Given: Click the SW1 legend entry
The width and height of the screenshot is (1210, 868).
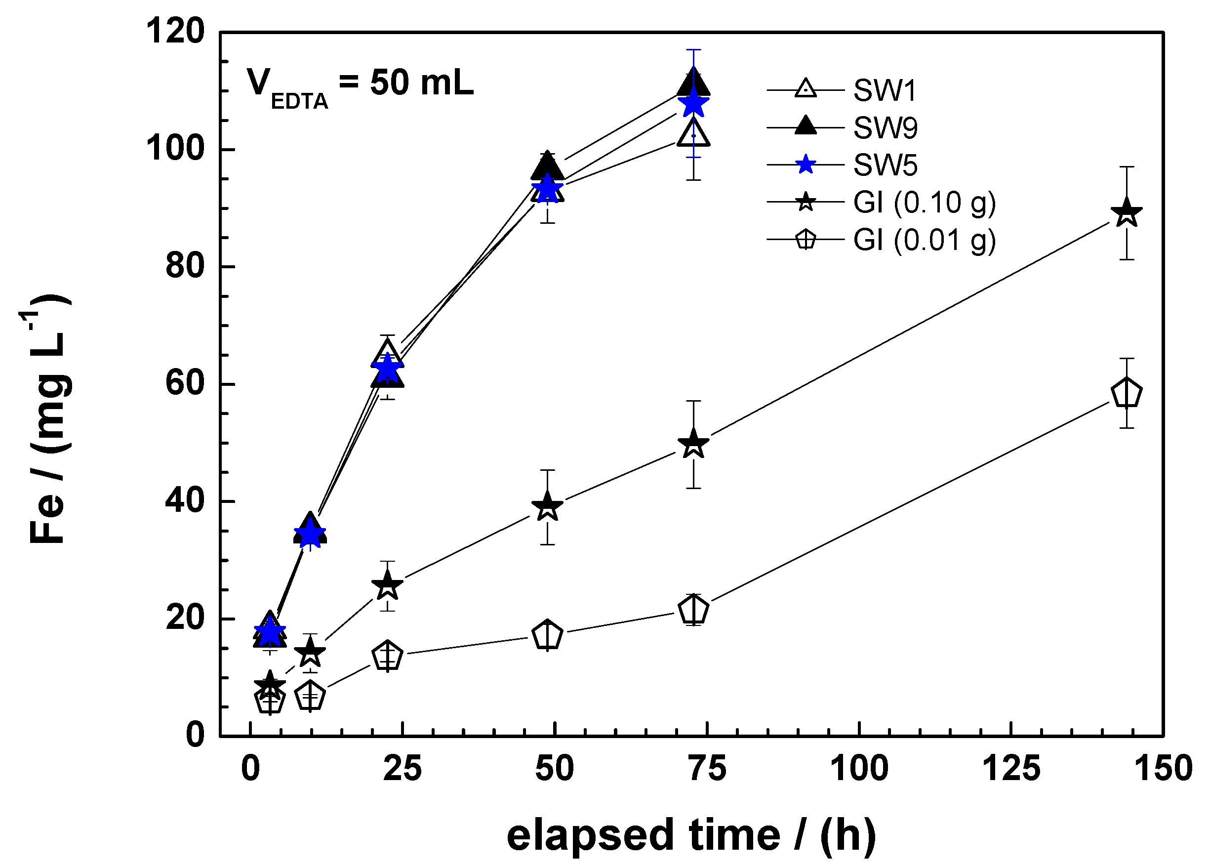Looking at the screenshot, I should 884,91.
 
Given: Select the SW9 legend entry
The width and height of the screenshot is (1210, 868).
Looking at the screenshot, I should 885,128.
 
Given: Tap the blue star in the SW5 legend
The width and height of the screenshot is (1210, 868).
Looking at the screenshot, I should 805,165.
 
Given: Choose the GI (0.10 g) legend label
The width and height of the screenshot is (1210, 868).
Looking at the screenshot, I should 924,203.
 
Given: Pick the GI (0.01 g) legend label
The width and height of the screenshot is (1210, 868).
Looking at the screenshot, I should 924,240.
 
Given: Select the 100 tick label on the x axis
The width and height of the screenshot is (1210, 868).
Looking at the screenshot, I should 859,769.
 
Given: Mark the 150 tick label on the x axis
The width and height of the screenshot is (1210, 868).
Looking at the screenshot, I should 1163,769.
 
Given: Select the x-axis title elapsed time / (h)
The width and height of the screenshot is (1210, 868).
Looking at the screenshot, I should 691,835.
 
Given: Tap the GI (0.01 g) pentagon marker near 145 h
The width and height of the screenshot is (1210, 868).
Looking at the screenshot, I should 1126,394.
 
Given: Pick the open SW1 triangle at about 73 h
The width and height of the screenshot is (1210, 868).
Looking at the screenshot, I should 693,133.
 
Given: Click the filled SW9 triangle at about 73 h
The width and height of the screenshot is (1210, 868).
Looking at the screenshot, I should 693,83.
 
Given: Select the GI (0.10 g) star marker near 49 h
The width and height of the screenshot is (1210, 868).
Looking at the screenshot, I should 547,506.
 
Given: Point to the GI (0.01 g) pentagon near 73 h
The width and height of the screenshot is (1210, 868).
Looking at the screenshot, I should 693,610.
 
